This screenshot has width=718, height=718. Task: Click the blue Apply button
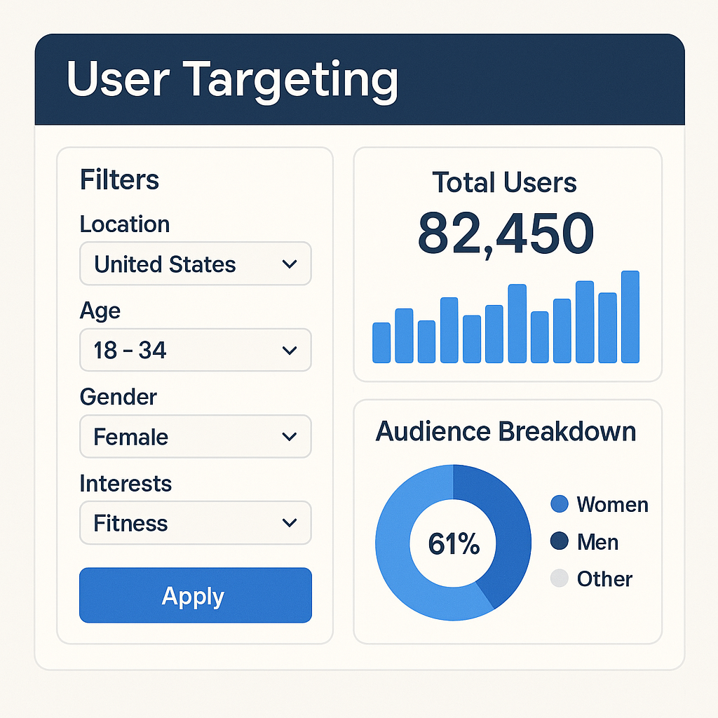(195, 595)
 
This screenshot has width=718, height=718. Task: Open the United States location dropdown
(195, 264)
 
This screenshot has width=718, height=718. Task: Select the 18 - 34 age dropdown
(195, 350)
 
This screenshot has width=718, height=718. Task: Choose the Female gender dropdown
(195, 437)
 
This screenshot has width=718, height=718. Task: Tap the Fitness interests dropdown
(195, 523)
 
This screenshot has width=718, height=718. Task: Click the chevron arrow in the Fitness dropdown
(289, 523)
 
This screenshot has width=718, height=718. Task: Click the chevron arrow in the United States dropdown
(289, 264)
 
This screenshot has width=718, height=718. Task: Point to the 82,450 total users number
(506, 233)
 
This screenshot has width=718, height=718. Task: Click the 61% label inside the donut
(453, 544)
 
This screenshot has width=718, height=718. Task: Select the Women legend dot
(560, 504)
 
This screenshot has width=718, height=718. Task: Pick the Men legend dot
(560, 541)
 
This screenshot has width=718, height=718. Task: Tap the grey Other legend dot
(560, 578)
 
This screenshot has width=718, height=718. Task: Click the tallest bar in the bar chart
(630, 317)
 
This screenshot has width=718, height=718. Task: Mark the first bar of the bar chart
(381, 343)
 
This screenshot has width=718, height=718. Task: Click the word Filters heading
(119, 180)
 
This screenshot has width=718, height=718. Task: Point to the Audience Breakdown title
(506, 431)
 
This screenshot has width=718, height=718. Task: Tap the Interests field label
(126, 483)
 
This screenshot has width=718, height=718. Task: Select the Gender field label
(118, 397)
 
